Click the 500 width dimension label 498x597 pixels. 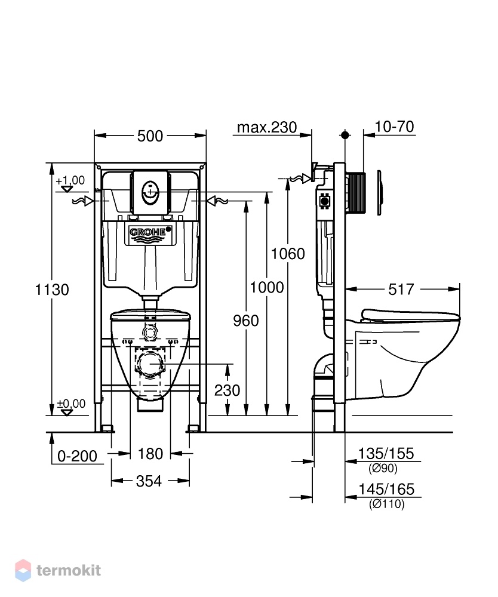coord(150,136)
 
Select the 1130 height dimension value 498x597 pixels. coord(52,290)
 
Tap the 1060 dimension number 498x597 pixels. coord(288,254)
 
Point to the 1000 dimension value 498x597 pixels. coord(267,287)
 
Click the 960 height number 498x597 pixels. coord(246,321)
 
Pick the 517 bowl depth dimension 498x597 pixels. coord(401,290)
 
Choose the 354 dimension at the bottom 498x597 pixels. coord(149,481)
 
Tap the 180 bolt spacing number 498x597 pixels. coord(150,454)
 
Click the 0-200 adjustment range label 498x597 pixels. coord(77,456)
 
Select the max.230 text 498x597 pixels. coord(267,127)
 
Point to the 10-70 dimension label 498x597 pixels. coord(395,127)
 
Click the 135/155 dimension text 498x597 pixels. coord(386,454)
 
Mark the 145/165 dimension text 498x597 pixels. coord(386,489)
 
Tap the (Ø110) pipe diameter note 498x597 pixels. coord(386,504)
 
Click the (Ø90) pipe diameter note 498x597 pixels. coord(383,468)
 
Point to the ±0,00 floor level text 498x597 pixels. coord(71,403)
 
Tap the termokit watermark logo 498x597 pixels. coord(58,570)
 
